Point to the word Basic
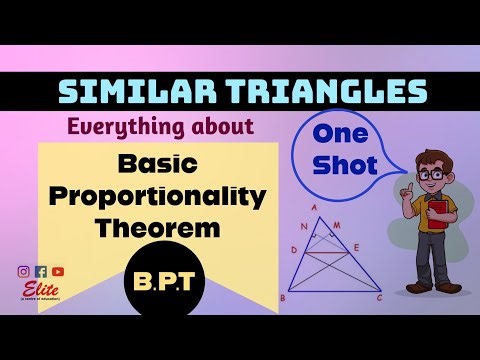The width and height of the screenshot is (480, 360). click(157, 163)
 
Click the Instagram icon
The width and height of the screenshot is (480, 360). click(23, 271)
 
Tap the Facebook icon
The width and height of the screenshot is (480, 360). click(40, 271)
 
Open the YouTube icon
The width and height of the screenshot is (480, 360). click(58, 271)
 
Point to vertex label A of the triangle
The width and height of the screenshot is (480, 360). click(316, 208)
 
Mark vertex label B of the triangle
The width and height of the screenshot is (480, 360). click(286, 298)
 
